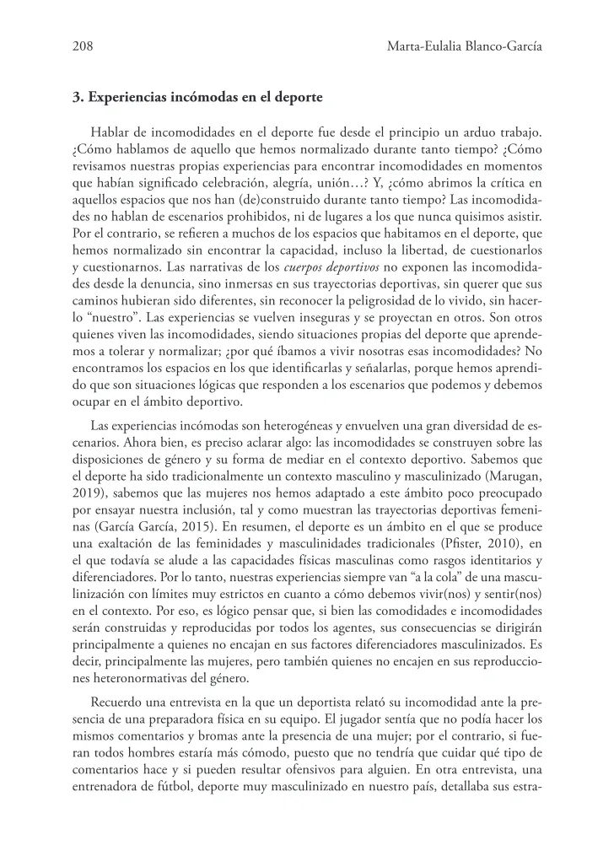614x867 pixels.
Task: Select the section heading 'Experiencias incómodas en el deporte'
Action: [x=204, y=97]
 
